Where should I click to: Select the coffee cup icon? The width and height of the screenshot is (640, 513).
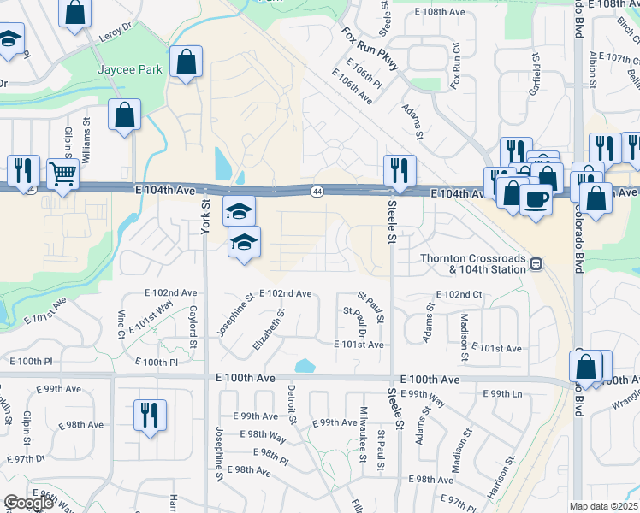pos(536,200)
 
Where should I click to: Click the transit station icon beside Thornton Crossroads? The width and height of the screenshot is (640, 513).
pos(536,264)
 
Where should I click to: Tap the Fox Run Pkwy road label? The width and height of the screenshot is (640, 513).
pos(370,51)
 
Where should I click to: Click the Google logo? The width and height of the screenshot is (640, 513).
pos(28,503)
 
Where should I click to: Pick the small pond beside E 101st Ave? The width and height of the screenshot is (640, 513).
pos(305,366)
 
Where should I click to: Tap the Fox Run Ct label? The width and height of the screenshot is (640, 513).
pos(455,65)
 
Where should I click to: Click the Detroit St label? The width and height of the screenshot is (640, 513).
pos(291,404)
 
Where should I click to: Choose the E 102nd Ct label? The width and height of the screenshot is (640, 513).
pos(459,294)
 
